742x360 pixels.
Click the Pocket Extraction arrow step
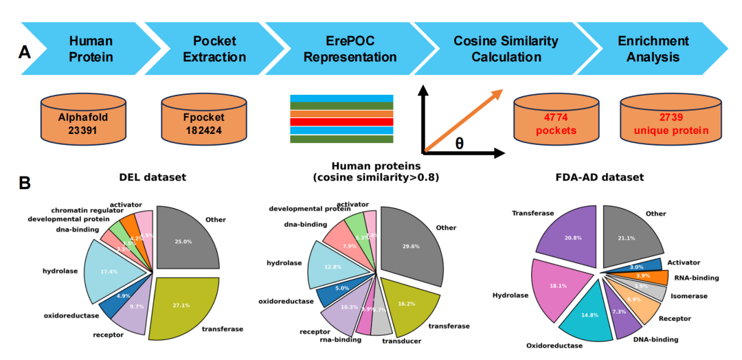(x=214, y=49)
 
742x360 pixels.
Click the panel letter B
(x=25, y=184)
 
